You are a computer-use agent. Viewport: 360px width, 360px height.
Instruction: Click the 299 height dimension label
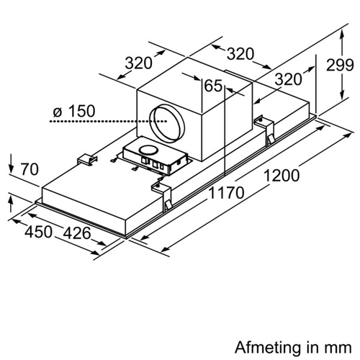tap(340, 65)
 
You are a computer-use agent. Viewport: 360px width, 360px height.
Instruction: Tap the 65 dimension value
tap(213, 86)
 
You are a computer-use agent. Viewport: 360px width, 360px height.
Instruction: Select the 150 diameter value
tap(81, 111)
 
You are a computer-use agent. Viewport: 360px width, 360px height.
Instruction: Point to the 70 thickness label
tap(30, 169)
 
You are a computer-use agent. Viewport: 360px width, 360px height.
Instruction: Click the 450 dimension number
tap(38, 232)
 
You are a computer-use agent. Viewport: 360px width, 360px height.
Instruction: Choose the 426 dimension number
tap(77, 233)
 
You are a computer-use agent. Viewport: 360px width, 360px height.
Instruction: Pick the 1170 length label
tap(227, 193)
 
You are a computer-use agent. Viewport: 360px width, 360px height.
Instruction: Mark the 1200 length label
tap(282, 176)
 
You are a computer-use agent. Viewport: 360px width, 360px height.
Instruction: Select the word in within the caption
tap(314, 347)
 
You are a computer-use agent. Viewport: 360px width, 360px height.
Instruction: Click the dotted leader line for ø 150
tap(108, 122)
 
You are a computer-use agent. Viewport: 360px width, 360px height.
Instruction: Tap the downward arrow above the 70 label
tap(11, 164)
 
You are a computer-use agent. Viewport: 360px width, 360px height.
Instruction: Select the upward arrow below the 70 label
tap(10, 204)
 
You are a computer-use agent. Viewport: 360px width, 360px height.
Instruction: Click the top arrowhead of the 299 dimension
tap(342, 37)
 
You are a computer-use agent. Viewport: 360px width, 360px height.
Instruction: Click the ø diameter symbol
tap(58, 112)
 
